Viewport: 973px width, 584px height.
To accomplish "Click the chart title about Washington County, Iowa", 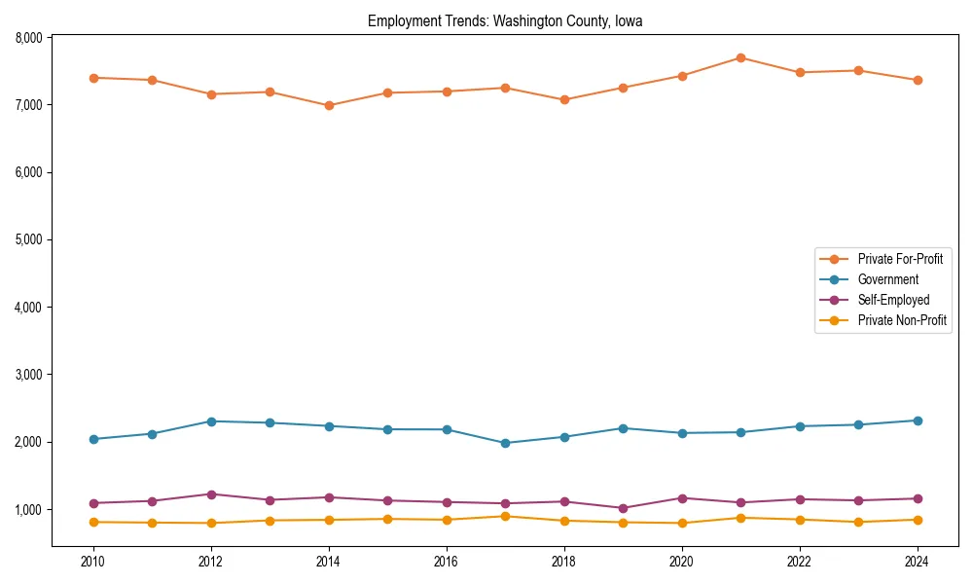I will coord(505,20).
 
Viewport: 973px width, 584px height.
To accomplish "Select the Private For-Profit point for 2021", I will coord(740,57).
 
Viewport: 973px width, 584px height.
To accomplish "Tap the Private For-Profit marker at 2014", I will coord(329,105).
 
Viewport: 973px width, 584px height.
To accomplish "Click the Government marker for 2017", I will coord(505,443).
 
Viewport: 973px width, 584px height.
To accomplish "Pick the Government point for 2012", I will coord(211,421).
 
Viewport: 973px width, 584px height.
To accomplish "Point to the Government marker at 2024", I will coord(918,420).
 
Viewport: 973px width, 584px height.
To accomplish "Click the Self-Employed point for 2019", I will coord(623,508).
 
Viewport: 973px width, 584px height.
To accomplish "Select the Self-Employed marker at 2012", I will coord(211,494).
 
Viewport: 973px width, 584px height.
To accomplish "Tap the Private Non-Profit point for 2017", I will coord(505,517).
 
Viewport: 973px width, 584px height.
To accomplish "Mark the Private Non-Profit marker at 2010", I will coord(93,523).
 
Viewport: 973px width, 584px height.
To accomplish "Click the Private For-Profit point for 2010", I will coord(93,78).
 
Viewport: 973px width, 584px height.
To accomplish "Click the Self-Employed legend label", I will coord(893,300).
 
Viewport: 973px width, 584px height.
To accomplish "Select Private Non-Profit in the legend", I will coord(902,320).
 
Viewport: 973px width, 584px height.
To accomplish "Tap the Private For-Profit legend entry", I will coord(900,259).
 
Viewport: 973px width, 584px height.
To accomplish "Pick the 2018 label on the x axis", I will coord(563,561).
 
